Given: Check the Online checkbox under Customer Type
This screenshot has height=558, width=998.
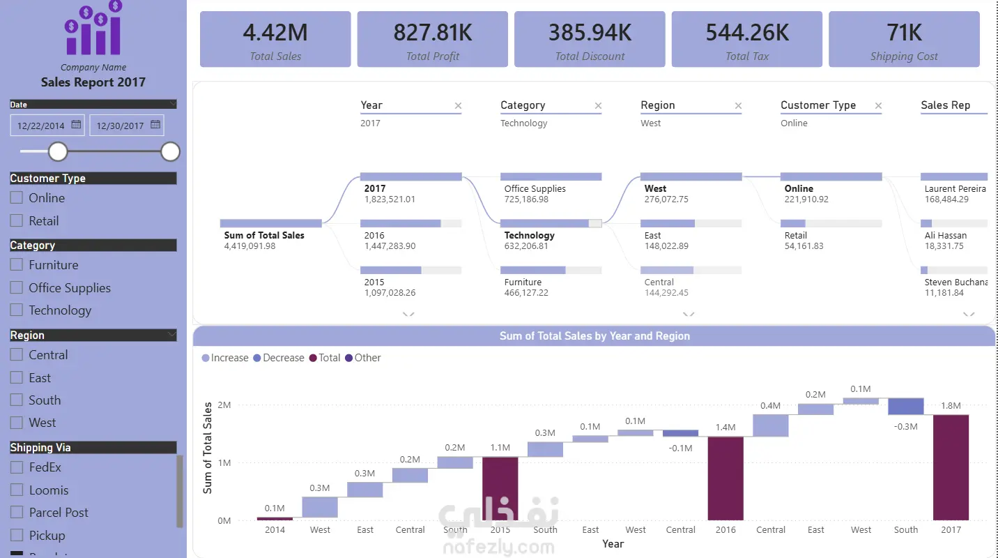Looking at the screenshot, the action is coord(17,197).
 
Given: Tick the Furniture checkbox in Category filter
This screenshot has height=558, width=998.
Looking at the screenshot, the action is coord(17,264).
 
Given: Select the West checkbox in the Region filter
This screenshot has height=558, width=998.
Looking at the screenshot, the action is coord(17,422).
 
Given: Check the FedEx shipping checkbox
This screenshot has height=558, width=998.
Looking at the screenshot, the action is coord(17,467).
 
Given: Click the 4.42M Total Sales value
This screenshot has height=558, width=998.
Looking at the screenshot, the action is coord(275,33).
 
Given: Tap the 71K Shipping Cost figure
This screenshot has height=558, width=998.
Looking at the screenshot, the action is coord(904,33).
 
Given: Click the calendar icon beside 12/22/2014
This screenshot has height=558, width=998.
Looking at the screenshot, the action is coord(76,124).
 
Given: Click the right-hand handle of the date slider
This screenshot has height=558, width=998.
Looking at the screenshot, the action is coord(170,151).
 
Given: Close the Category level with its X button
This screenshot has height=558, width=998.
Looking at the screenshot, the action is coord(598,106).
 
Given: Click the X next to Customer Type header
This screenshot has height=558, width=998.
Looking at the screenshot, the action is coord(878,106).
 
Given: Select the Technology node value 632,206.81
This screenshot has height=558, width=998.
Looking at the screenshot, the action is coord(526,246).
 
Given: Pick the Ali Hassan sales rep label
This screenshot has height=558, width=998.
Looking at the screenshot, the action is coord(946,236).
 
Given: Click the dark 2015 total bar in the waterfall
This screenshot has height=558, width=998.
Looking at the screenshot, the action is coord(500,488).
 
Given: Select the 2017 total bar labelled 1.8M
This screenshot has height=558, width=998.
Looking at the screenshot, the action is coord(951,467).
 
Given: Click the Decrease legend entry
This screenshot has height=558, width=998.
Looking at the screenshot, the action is coord(279,358).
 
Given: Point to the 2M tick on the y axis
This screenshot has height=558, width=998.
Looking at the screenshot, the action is coord(224,405).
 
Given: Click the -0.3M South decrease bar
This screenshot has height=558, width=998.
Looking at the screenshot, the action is coord(906,407).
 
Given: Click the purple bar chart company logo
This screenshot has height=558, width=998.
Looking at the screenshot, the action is coord(93,28).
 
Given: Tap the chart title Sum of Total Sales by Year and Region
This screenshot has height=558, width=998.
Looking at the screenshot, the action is coord(594,336).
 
